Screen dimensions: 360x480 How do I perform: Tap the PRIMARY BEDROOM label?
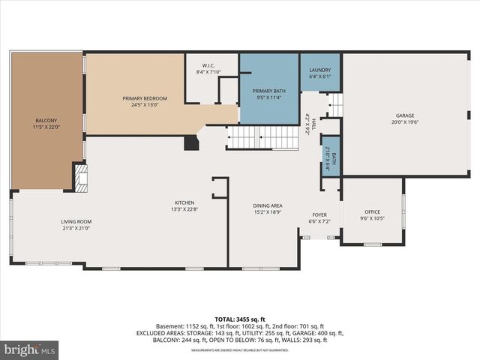(145, 98)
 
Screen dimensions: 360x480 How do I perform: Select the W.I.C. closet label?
(209, 65)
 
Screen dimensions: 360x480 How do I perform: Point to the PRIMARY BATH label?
(268, 90)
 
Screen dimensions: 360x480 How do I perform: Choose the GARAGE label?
(406, 115)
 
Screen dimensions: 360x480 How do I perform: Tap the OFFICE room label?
(373, 212)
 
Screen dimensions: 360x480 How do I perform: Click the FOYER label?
(320, 215)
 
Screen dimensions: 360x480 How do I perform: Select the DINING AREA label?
(266, 205)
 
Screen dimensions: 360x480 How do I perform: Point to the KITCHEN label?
(185, 203)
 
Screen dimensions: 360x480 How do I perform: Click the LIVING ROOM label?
(76, 221)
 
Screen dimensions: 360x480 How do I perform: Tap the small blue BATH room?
(331, 158)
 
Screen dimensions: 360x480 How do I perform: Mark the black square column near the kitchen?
(192, 142)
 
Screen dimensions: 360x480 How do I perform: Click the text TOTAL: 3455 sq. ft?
(240, 319)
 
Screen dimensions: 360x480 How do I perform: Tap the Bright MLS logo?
(30, 349)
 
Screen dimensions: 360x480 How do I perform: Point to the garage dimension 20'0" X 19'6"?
(406, 122)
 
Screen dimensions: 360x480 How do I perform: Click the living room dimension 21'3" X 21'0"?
(76, 228)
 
